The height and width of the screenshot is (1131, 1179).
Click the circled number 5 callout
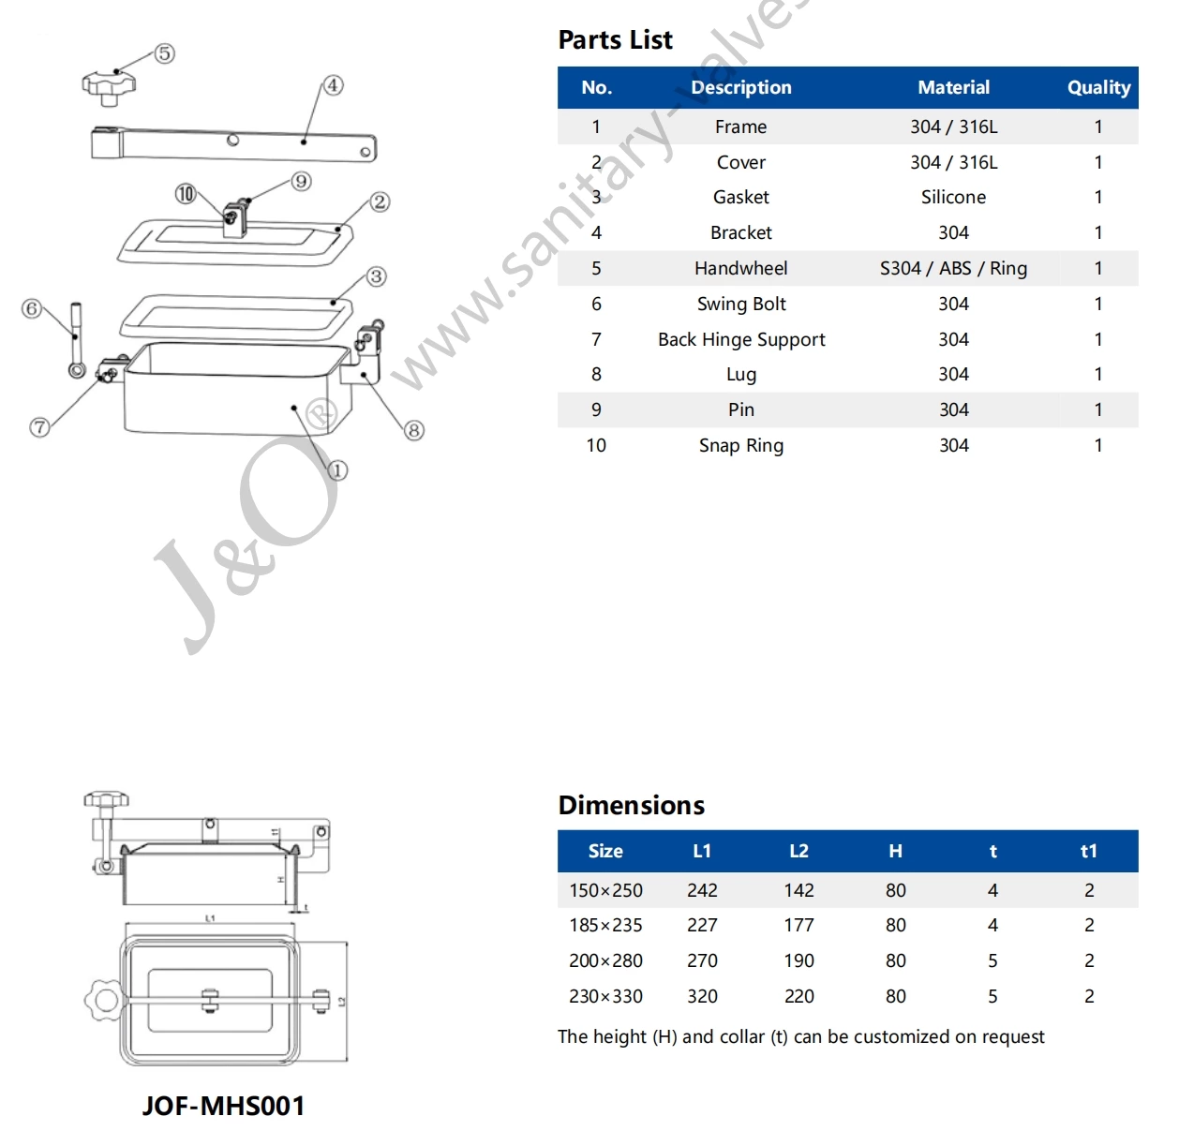click(x=164, y=53)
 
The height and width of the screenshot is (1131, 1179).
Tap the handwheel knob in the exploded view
click(x=109, y=83)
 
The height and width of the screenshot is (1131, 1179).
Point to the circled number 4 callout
click(x=333, y=85)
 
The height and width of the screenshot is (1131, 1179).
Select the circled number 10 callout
click(x=186, y=194)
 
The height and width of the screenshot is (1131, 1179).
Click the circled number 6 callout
click(x=32, y=308)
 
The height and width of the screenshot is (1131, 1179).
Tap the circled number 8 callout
click(x=413, y=430)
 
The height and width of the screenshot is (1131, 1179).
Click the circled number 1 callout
click(x=337, y=470)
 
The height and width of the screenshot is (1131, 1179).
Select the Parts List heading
click(x=615, y=40)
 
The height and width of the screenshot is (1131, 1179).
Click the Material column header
click(x=953, y=88)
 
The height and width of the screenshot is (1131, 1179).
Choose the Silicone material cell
click(x=953, y=198)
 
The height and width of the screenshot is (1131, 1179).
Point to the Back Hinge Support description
click(x=741, y=340)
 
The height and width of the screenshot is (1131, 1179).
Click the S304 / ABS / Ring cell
click(x=953, y=269)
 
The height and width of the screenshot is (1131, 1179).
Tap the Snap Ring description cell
click(x=741, y=446)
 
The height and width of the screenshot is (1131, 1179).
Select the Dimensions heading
click(x=631, y=806)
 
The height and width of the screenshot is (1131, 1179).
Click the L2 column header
click(x=798, y=852)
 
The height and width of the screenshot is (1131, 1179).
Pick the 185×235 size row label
click(x=605, y=926)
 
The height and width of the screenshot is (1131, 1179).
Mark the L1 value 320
click(x=702, y=997)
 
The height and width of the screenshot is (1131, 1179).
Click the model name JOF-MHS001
click(x=223, y=1107)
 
